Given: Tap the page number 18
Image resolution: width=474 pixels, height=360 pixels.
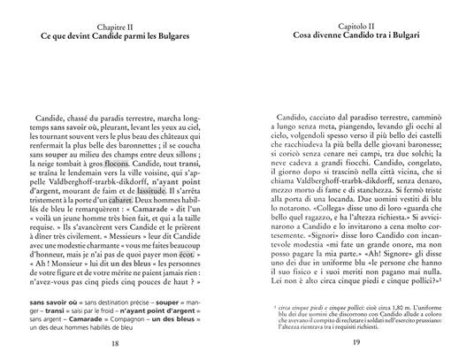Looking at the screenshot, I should click(x=119, y=343).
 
